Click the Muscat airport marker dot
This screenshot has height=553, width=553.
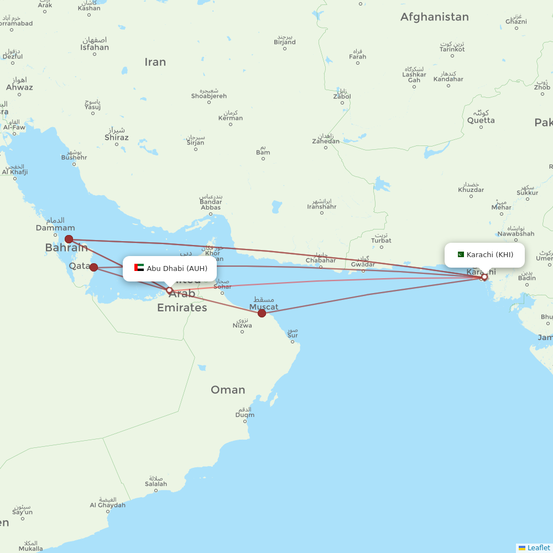[x=262, y=314]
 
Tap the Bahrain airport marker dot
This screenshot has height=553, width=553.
[x=69, y=239]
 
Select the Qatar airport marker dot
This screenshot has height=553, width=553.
[x=94, y=268]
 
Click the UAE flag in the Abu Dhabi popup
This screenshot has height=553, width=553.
[x=139, y=268]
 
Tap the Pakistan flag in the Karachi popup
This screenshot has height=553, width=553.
[x=460, y=254]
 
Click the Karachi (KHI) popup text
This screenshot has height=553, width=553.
[x=489, y=255]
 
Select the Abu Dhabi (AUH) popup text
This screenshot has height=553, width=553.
[x=177, y=269]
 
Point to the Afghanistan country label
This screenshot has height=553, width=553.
[x=434, y=17]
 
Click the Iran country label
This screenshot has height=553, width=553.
[x=155, y=62]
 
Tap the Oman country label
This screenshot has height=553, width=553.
[x=228, y=390]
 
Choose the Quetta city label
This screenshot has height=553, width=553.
[x=481, y=120]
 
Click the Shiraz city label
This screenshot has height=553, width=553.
[x=116, y=138]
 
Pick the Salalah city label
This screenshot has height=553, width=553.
[x=156, y=484]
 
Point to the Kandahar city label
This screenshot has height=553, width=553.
[x=448, y=79]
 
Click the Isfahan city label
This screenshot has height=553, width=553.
[x=95, y=47]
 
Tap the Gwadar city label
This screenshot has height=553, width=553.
[x=363, y=264]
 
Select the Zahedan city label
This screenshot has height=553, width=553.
[x=326, y=141]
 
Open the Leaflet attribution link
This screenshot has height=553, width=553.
[x=538, y=547]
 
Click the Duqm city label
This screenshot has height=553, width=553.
[x=245, y=415]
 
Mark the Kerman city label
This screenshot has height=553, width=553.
[x=231, y=118]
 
